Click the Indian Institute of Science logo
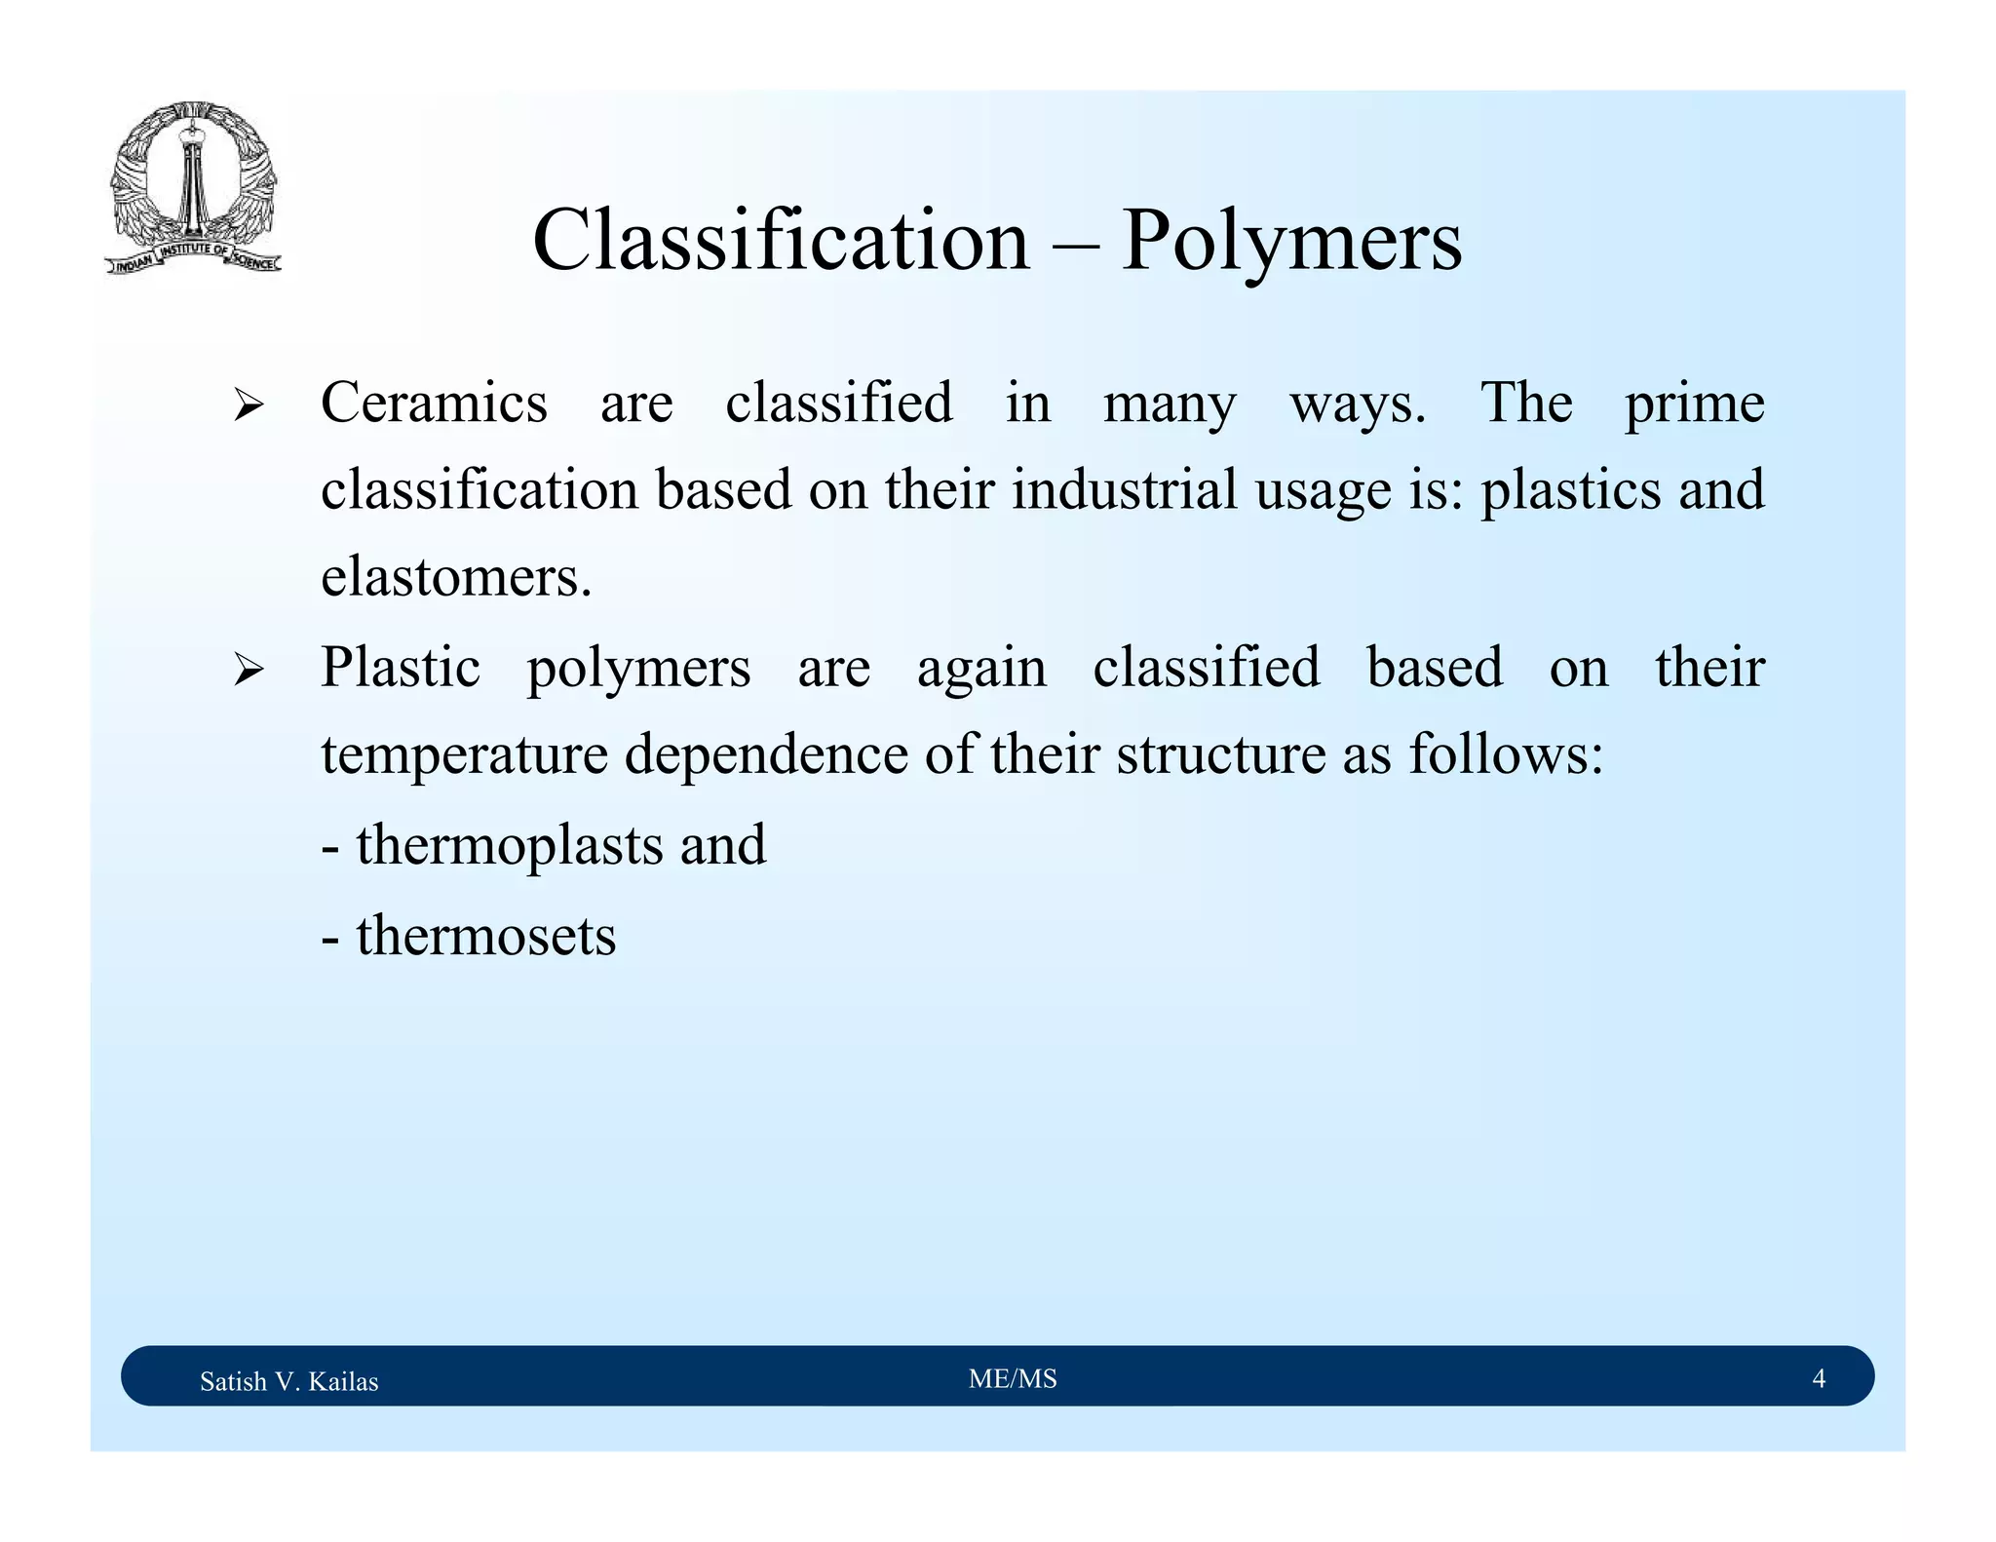click(x=193, y=187)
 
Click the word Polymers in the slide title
click(x=1291, y=241)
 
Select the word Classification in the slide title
click(x=781, y=241)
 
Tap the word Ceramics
click(x=434, y=403)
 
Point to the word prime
click(x=1694, y=405)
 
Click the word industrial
click(x=1124, y=489)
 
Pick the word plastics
click(x=1571, y=491)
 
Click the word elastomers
click(x=456, y=577)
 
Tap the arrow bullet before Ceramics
click(x=249, y=405)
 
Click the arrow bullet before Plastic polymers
click(x=249, y=671)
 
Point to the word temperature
click(x=464, y=756)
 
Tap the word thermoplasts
click(x=509, y=845)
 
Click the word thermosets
click(x=485, y=937)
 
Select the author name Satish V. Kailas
click(x=288, y=1381)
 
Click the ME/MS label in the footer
click(x=1013, y=1379)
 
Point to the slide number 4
click(x=1818, y=1378)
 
